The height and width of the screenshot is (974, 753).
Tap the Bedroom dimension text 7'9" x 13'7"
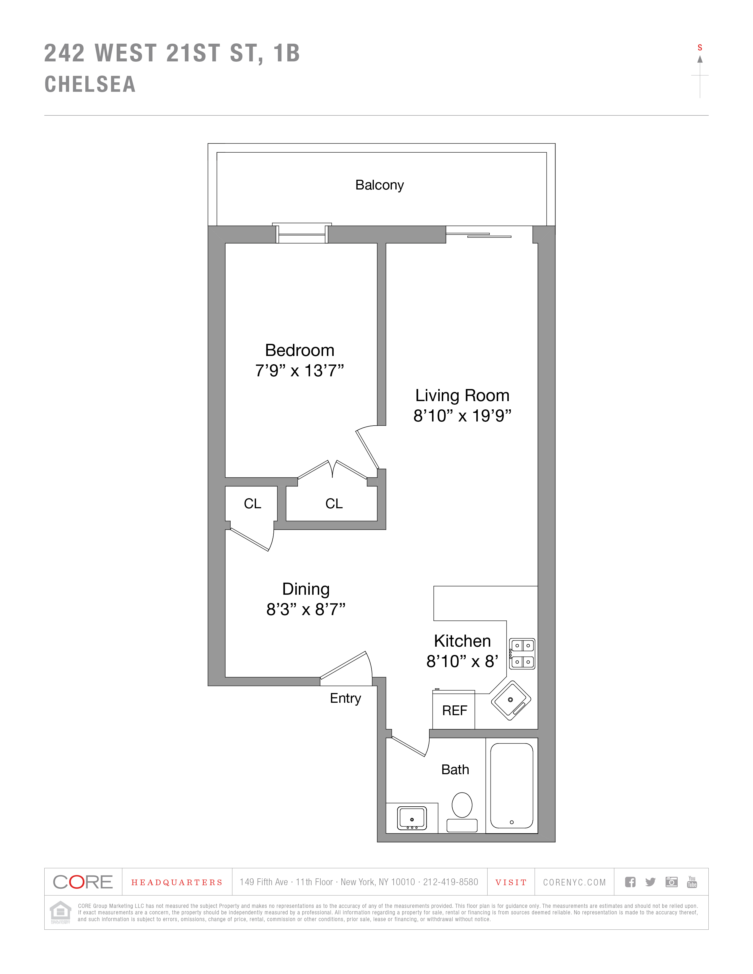coord(299,371)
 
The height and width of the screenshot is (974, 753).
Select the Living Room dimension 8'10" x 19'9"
coord(462,416)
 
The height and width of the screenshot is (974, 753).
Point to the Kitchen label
coord(462,641)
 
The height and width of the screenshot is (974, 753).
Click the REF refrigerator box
coord(454,710)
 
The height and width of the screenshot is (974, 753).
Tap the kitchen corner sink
coord(511,700)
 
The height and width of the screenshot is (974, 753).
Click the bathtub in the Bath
coord(512,785)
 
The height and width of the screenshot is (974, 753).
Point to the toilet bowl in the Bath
coord(462,805)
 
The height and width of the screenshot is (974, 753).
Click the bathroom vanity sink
coord(412,818)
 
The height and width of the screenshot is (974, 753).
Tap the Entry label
coord(345,698)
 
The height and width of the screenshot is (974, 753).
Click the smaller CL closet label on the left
coord(252,504)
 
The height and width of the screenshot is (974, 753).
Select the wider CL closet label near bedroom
coord(334,504)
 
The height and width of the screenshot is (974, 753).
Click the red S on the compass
coord(700,48)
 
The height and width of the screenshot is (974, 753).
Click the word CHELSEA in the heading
coord(90,84)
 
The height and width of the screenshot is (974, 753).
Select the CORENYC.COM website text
coord(575,882)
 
